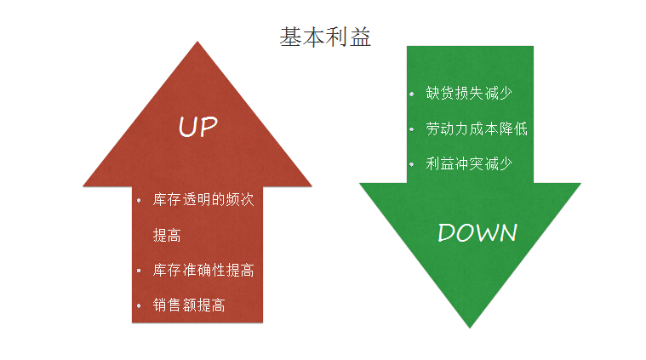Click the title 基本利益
325,37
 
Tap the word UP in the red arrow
197,127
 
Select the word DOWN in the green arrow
477,232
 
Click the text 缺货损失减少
469,93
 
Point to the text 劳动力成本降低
477,129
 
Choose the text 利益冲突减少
469,164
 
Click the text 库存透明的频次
203,200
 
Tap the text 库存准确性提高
203,270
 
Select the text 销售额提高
189,306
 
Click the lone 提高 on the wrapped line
167,236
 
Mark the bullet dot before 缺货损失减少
412,94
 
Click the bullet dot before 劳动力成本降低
412,129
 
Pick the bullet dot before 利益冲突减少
412,165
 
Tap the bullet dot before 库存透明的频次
139,201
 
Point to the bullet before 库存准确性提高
139,271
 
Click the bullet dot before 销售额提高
139,306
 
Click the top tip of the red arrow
197,42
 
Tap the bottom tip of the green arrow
470,328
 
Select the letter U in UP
187,127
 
